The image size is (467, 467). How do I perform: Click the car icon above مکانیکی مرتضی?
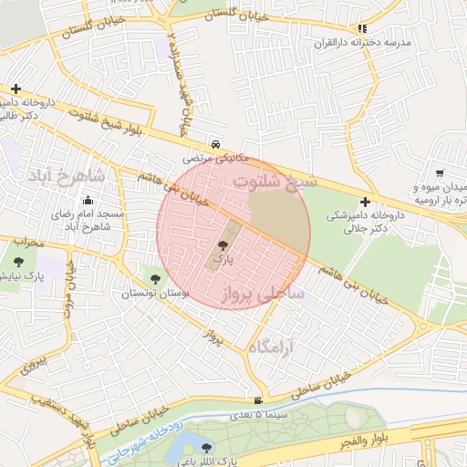(214, 144)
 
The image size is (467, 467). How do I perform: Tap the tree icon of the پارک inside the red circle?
(223, 244)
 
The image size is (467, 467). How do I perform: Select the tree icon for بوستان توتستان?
(154, 279)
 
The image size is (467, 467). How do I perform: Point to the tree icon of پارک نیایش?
(19, 262)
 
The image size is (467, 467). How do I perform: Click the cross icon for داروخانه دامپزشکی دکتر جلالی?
(366, 201)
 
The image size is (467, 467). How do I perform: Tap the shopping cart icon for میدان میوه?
(441, 173)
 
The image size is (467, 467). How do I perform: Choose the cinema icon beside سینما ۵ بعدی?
(260, 400)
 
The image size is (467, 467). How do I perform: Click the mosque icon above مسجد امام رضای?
(88, 201)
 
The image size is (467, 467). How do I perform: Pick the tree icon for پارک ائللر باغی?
(206, 449)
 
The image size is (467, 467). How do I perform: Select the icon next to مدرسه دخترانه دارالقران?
(363, 29)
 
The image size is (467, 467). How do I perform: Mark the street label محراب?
(28, 244)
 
